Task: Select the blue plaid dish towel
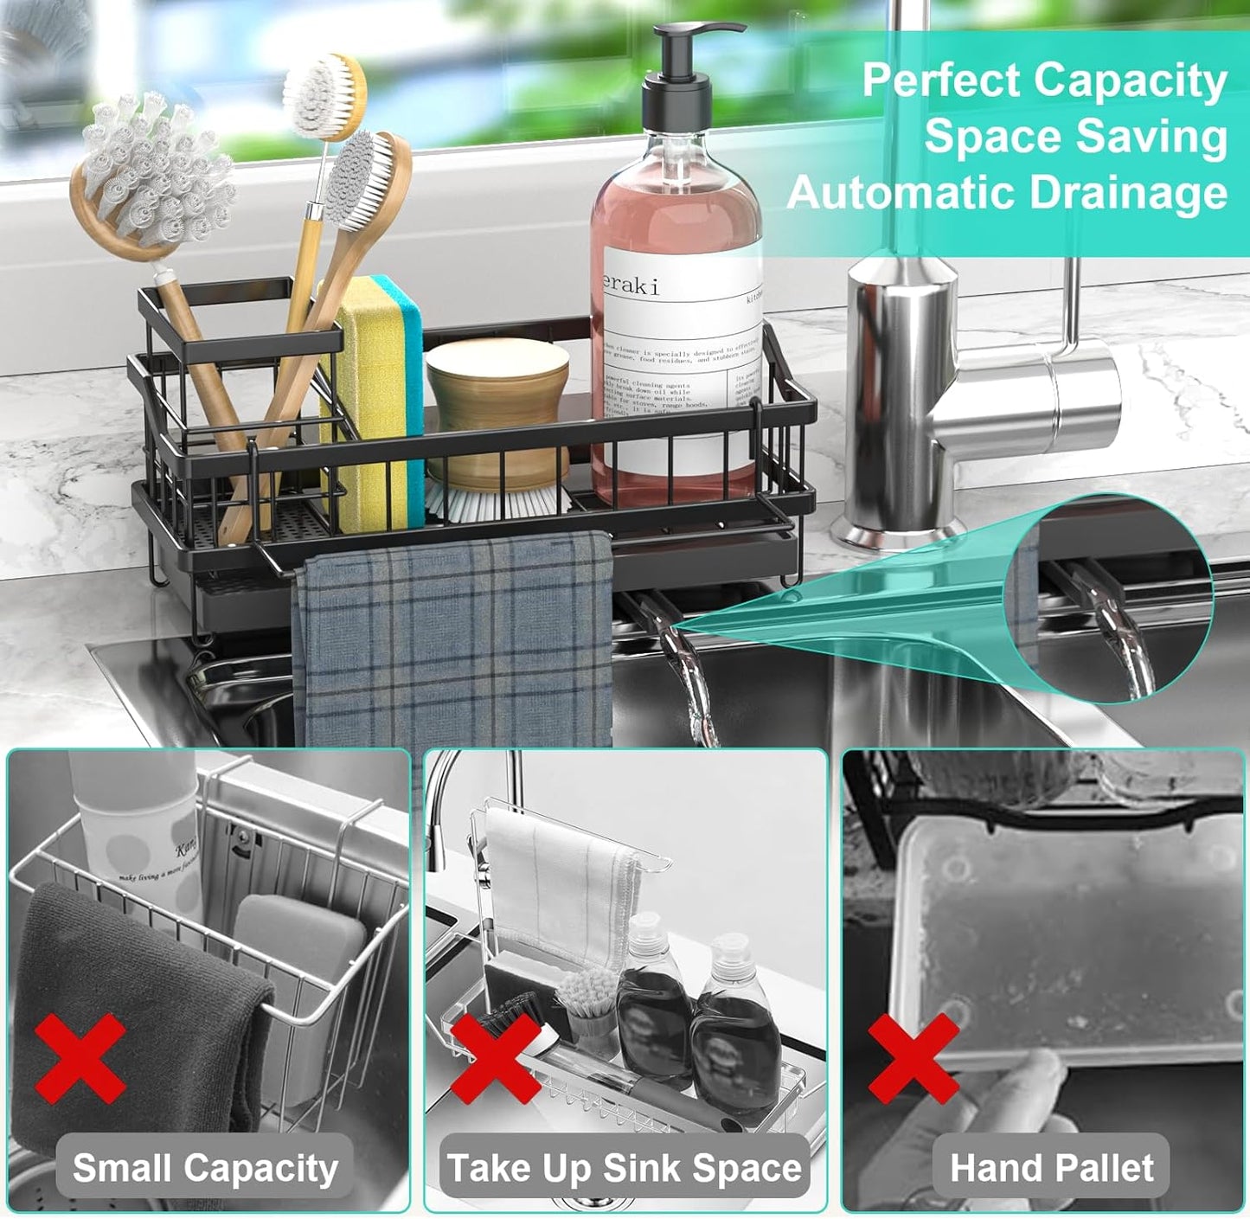pyautogui.click(x=454, y=640)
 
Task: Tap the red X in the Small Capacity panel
pyautogui.click(x=80, y=1058)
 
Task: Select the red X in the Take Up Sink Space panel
pyautogui.click(x=496, y=1057)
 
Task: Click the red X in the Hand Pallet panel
pyautogui.click(x=913, y=1058)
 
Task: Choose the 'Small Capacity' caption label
pyautogui.click(x=205, y=1168)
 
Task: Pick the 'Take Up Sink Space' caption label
pyautogui.click(x=624, y=1168)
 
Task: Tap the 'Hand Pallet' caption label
pyautogui.click(x=1051, y=1168)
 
